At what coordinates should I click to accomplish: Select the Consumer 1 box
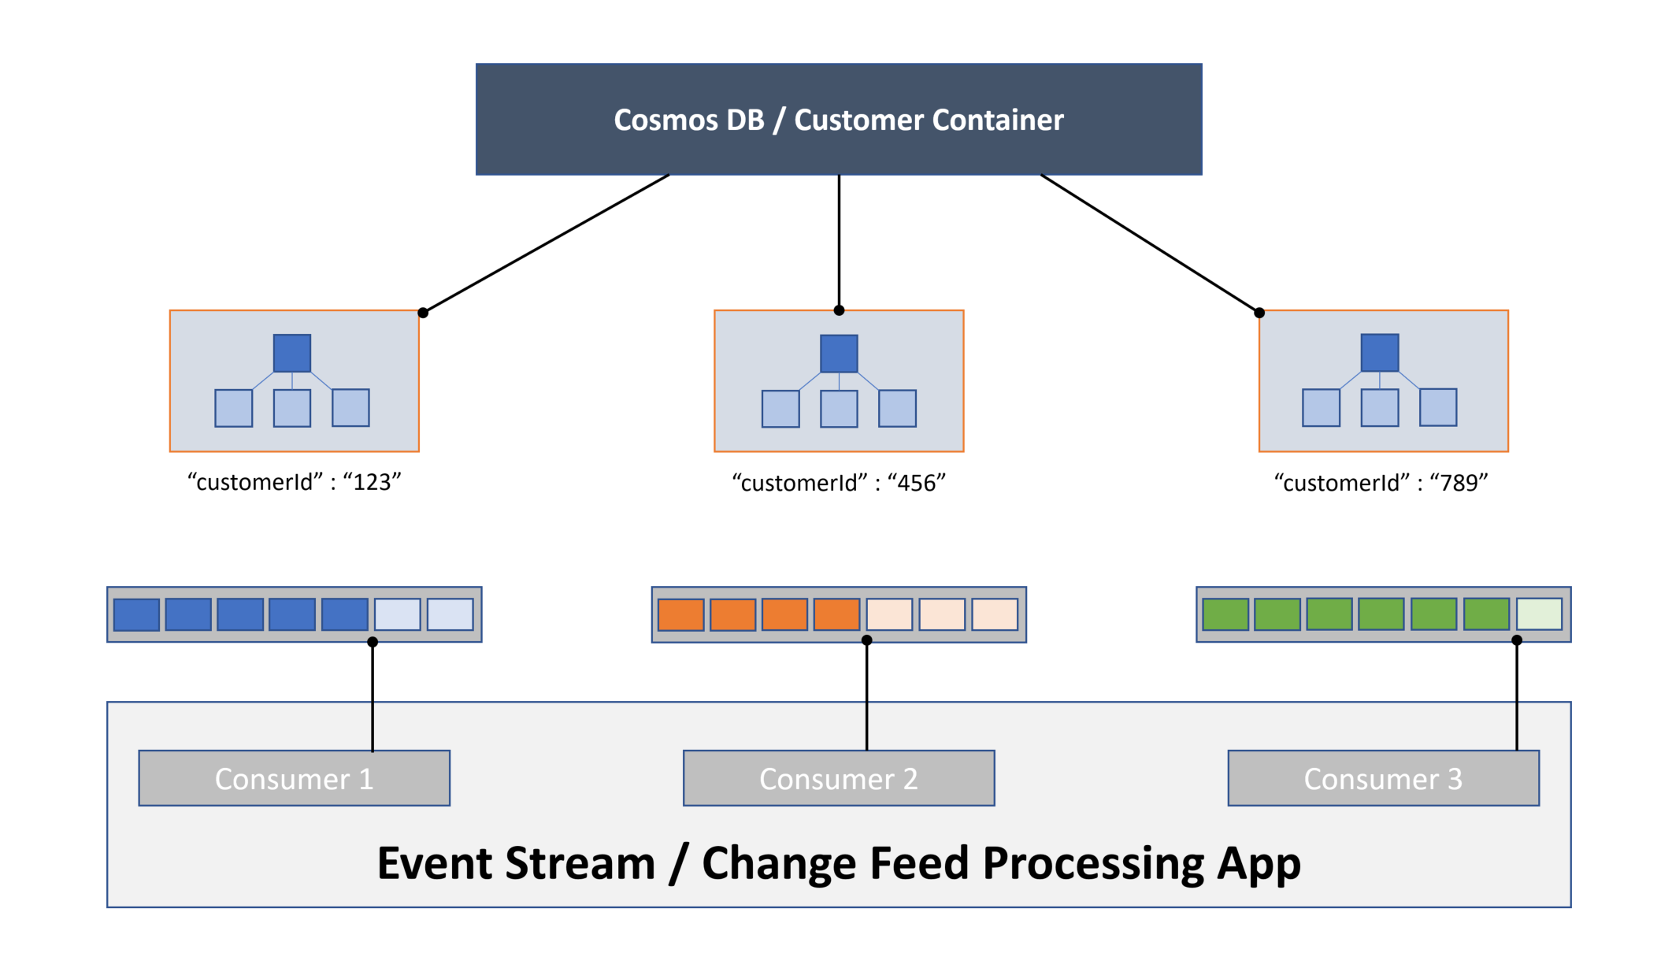click(294, 778)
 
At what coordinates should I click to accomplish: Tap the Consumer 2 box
click(838, 778)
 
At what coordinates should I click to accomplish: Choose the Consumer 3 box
click(1383, 778)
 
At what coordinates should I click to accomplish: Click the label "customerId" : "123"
click(294, 482)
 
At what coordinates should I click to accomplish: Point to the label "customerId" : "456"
click(838, 483)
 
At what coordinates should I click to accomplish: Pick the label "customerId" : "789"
click(1381, 483)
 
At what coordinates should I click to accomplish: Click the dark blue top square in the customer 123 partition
click(292, 353)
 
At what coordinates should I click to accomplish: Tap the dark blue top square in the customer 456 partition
click(839, 354)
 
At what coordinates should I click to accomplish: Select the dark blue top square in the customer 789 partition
click(1380, 353)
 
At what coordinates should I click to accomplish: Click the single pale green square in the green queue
click(1539, 614)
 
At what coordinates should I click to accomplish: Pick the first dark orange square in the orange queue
click(680, 615)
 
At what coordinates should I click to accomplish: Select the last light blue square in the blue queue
click(450, 614)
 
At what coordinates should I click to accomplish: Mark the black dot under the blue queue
click(373, 642)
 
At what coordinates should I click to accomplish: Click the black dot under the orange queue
click(866, 640)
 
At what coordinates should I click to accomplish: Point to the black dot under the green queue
click(1517, 640)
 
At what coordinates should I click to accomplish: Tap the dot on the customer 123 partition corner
click(423, 313)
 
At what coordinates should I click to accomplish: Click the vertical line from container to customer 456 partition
click(839, 240)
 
